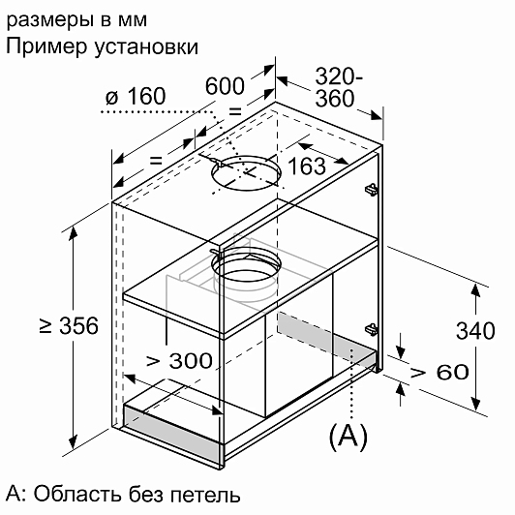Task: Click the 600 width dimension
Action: coord(225,86)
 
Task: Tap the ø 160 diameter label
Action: coord(136,96)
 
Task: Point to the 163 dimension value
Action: coord(307,167)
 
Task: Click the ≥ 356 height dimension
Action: coord(69,326)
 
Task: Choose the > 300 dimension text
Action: coord(179,361)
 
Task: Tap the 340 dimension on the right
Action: coord(475,330)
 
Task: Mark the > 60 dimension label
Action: coord(440,372)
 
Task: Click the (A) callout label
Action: coord(348,437)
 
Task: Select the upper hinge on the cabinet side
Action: coord(371,190)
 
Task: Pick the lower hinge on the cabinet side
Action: coord(371,329)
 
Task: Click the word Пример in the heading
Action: coord(46,46)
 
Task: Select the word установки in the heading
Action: coord(146,48)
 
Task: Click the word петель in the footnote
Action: coord(205,495)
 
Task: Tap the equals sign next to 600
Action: coord(235,111)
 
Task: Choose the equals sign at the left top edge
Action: coord(156,161)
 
